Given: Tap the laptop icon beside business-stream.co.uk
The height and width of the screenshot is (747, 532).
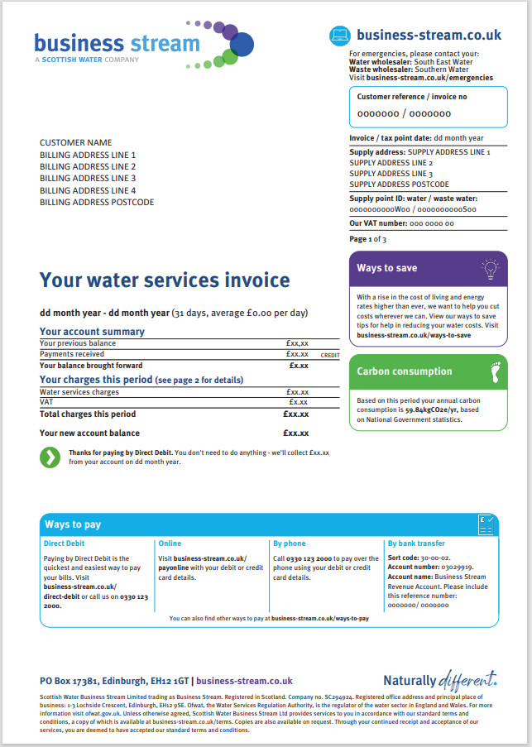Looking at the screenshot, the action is [340, 36].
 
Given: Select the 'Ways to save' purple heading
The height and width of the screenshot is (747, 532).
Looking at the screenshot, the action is [387, 268].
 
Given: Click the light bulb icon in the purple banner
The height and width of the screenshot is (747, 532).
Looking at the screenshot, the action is [491, 267].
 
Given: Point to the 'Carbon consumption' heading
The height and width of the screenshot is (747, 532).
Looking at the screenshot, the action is [405, 371].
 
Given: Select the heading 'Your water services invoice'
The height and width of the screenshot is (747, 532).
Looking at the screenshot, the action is [165, 280].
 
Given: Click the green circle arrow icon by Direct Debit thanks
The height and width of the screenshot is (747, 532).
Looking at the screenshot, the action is [50, 457].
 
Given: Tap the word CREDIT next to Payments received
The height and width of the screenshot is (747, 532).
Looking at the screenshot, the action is [330, 355].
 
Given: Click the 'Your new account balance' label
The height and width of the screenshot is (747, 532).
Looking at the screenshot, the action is [89, 433].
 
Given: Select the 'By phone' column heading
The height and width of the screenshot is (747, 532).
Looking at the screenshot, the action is [289, 543].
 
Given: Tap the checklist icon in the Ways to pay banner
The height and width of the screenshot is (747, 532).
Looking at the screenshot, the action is [486, 523].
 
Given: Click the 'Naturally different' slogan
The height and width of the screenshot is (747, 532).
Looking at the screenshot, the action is [440, 680].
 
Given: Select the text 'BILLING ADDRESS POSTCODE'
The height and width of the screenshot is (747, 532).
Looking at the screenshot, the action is [97, 202].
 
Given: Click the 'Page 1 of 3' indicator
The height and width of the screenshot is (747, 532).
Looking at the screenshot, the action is [367, 239].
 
